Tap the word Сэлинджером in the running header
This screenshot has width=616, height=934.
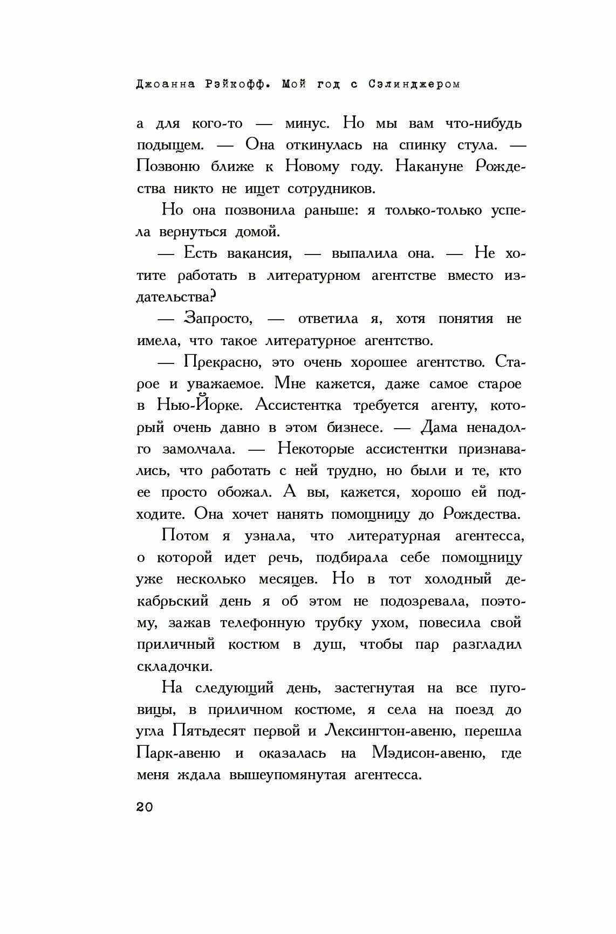coord(414,84)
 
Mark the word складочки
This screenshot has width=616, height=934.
coord(174,667)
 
